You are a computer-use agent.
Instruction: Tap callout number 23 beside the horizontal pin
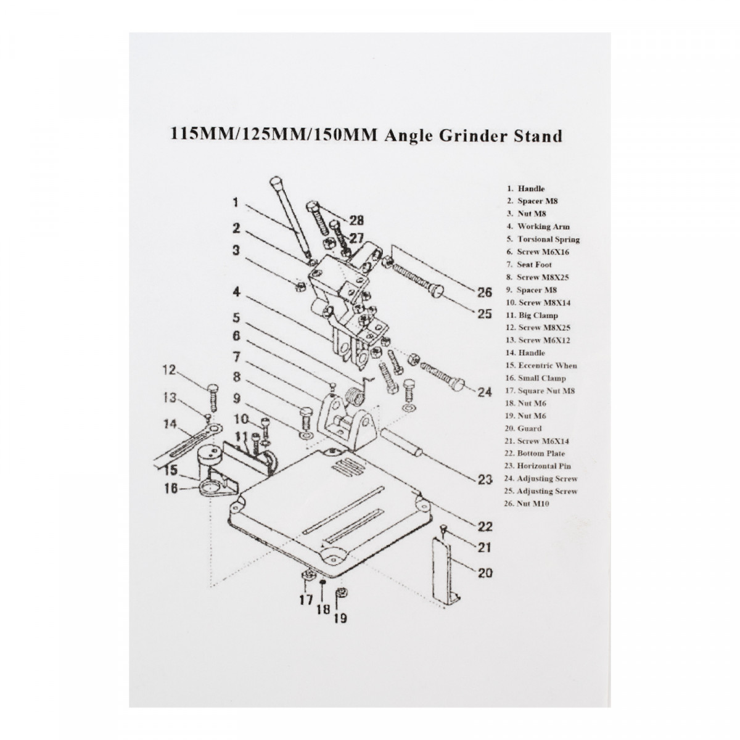(x=485, y=478)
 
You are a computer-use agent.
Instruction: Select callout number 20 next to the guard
(x=485, y=573)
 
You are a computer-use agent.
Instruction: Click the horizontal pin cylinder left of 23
(x=401, y=445)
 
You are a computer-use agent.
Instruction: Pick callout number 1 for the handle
(x=236, y=202)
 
